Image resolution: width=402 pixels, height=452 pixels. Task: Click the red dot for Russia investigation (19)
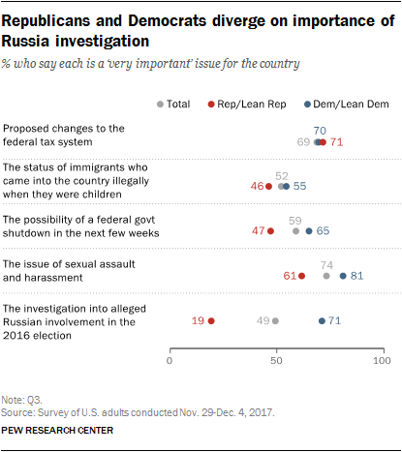click(x=211, y=321)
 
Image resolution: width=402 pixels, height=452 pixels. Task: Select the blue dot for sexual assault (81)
click(x=343, y=276)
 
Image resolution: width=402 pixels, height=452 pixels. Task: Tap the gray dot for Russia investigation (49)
click(x=275, y=321)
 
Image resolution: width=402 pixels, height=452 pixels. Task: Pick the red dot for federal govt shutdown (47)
click(x=270, y=231)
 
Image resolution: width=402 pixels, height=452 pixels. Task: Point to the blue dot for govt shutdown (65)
click(x=309, y=231)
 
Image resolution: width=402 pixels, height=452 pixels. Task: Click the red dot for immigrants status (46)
click(x=268, y=186)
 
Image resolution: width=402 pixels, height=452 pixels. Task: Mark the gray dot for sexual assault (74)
click(x=326, y=276)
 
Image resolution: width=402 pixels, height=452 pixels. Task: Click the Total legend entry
click(x=173, y=105)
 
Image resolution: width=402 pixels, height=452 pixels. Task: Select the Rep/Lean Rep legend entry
click(x=247, y=105)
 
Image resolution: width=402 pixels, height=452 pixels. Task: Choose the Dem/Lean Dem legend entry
click(x=347, y=105)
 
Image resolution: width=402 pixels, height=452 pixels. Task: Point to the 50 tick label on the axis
click(x=276, y=360)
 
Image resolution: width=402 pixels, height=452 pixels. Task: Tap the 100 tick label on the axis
click(x=382, y=360)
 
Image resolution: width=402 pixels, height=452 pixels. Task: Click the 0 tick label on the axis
click(x=170, y=360)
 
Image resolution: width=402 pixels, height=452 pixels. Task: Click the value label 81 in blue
click(x=356, y=276)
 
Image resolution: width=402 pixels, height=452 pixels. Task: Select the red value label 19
click(x=198, y=320)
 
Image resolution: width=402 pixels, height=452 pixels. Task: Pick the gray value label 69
click(x=303, y=142)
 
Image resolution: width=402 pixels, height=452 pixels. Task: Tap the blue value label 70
click(x=320, y=131)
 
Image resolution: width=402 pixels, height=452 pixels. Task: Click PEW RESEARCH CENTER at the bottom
click(x=57, y=431)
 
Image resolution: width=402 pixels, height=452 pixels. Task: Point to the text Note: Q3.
click(x=21, y=400)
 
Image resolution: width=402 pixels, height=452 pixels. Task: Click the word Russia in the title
click(x=25, y=42)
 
